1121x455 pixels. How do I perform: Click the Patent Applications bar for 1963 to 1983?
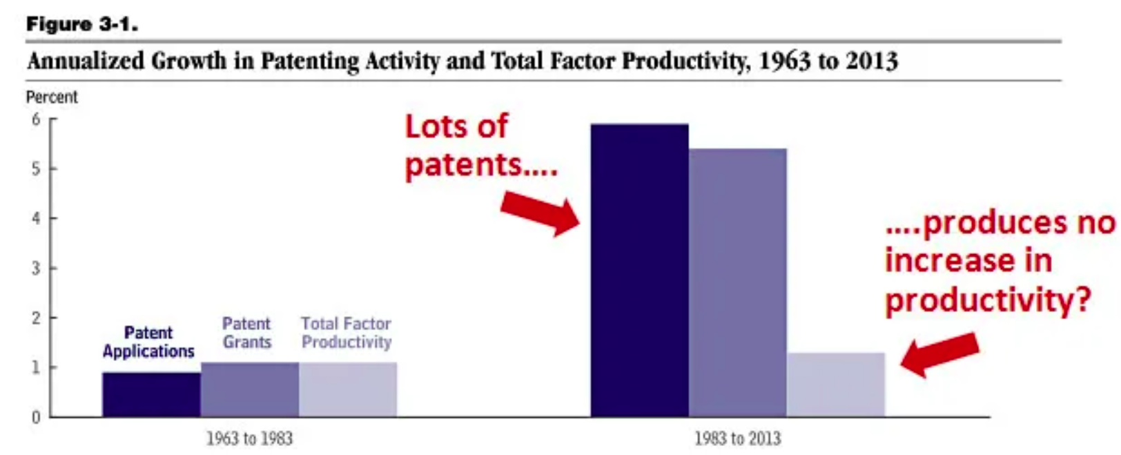[151, 394]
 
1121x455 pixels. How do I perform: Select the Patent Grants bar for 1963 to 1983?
[249, 389]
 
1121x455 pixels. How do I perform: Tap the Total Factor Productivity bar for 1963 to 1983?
[347, 389]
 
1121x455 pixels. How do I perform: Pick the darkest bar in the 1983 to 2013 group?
[639, 270]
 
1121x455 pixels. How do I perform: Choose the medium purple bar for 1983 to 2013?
[737, 282]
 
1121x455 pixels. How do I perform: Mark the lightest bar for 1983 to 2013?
[835, 385]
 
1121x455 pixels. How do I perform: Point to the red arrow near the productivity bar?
[940, 354]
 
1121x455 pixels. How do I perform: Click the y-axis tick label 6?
[36, 119]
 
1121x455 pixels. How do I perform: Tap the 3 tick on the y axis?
[36, 269]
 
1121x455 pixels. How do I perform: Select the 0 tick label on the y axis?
[36, 418]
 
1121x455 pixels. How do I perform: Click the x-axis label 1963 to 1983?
[249, 438]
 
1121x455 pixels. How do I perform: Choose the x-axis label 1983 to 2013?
[737, 438]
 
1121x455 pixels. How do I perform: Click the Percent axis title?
[52, 97]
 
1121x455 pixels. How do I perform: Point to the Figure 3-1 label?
[81, 24]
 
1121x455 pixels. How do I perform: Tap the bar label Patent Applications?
[148, 342]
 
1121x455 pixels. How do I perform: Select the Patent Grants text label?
[246, 333]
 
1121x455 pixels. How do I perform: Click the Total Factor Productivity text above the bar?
[346, 333]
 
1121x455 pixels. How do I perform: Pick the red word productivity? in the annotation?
[988, 300]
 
